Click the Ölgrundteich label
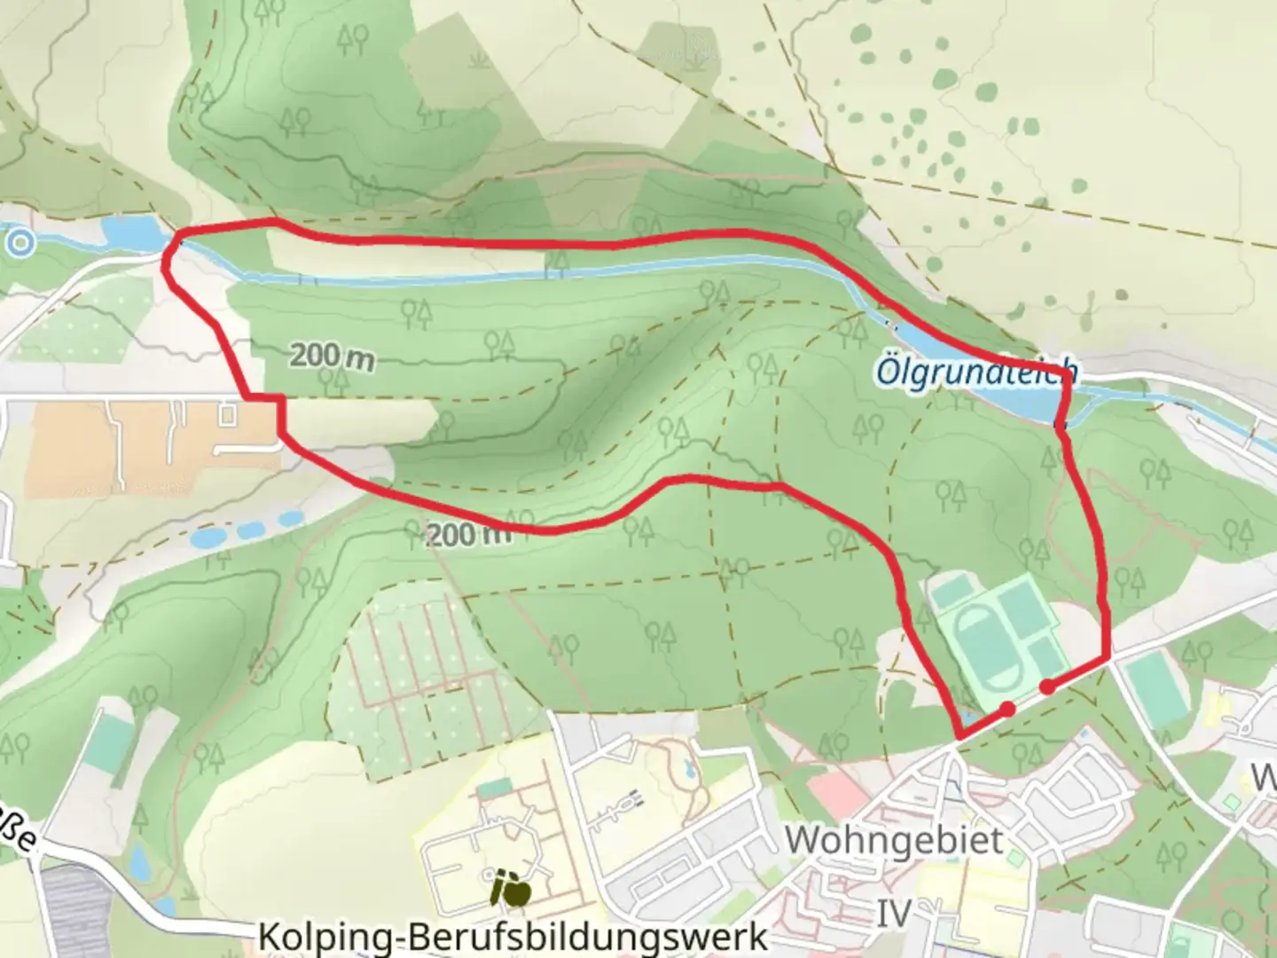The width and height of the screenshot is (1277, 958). point(975,371)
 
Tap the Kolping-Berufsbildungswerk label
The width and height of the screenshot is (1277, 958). point(513,937)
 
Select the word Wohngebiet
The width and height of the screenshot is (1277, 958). point(894,839)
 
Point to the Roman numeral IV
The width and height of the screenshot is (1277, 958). point(894,912)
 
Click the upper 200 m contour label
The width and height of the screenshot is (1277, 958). point(332,357)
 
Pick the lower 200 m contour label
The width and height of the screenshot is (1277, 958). point(468,535)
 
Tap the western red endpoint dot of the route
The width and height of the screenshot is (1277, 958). point(1007,709)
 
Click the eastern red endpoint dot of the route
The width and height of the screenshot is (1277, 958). point(1047,687)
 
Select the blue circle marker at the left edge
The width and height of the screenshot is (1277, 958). point(20,241)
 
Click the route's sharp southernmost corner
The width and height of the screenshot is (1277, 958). point(959,737)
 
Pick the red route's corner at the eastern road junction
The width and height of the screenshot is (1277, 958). point(1106,658)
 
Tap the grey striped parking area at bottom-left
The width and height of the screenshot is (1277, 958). point(75,914)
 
